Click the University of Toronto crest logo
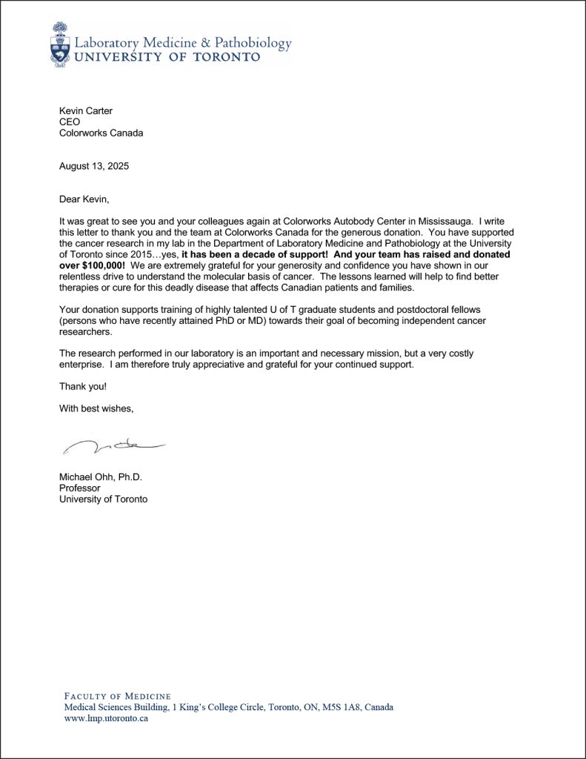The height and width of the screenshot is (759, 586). [x=61, y=46]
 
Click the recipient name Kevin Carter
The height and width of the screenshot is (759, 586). [x=85, y=111]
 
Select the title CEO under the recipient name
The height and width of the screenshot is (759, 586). [x=70, y=122]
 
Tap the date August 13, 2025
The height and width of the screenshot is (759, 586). [x=94, y=166]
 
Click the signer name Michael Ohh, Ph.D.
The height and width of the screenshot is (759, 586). [x=100, y=477]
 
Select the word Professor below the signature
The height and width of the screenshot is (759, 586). [x=79, y=488]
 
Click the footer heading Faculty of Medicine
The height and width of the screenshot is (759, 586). [x=118, y=696]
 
